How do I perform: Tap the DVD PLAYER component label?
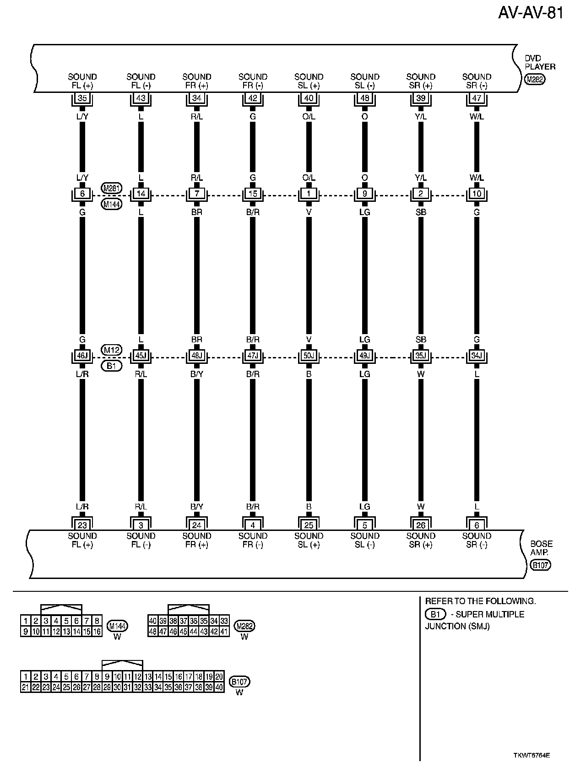[x=540, y=63]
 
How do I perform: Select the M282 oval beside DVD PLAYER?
[x=535, y=80]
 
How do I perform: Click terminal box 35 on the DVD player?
[x=82, y=98]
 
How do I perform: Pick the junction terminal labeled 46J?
[x=82, y=356]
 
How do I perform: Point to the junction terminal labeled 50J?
[x=309, y=356]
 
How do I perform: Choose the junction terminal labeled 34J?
[x=477, y=356]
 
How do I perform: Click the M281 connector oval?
[x=112, y=188]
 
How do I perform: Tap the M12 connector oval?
[x=112, y=350]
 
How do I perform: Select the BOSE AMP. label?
[x=541, y=548]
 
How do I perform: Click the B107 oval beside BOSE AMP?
[x=540, y=565]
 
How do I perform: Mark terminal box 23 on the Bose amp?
[x=82, y=525]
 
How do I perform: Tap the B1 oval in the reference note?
[x=435, y=614]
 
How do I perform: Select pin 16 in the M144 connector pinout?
[x=97, y=632]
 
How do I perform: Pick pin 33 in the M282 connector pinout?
[x=224, y=621]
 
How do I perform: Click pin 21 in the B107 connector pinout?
[x=26, y=687]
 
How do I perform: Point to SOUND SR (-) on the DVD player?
[x=477, y=81]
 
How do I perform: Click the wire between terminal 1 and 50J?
[x=309, y=275]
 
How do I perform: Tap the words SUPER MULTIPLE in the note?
[x=490, y=614]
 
